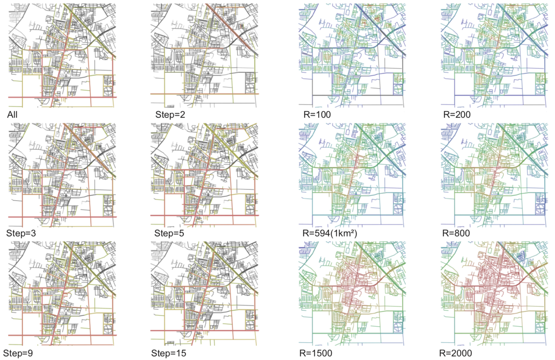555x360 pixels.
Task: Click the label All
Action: [x=12, y=115]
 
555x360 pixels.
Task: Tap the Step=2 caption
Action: [x=170, y=115]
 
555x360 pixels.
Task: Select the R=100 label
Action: [x=317, y=115]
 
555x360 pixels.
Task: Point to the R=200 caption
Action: [x=457, y=115]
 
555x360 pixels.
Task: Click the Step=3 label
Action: [x=21, y=233]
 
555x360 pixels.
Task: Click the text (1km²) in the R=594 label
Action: [x=344, y=233]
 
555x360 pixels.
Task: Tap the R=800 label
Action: [x=456, y=233]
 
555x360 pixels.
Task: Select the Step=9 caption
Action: [x=18, y=353]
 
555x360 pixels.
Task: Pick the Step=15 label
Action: [x=168, y=353]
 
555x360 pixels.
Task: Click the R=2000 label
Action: [x=455, y=353]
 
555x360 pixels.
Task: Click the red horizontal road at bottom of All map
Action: [x=31, y=97]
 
